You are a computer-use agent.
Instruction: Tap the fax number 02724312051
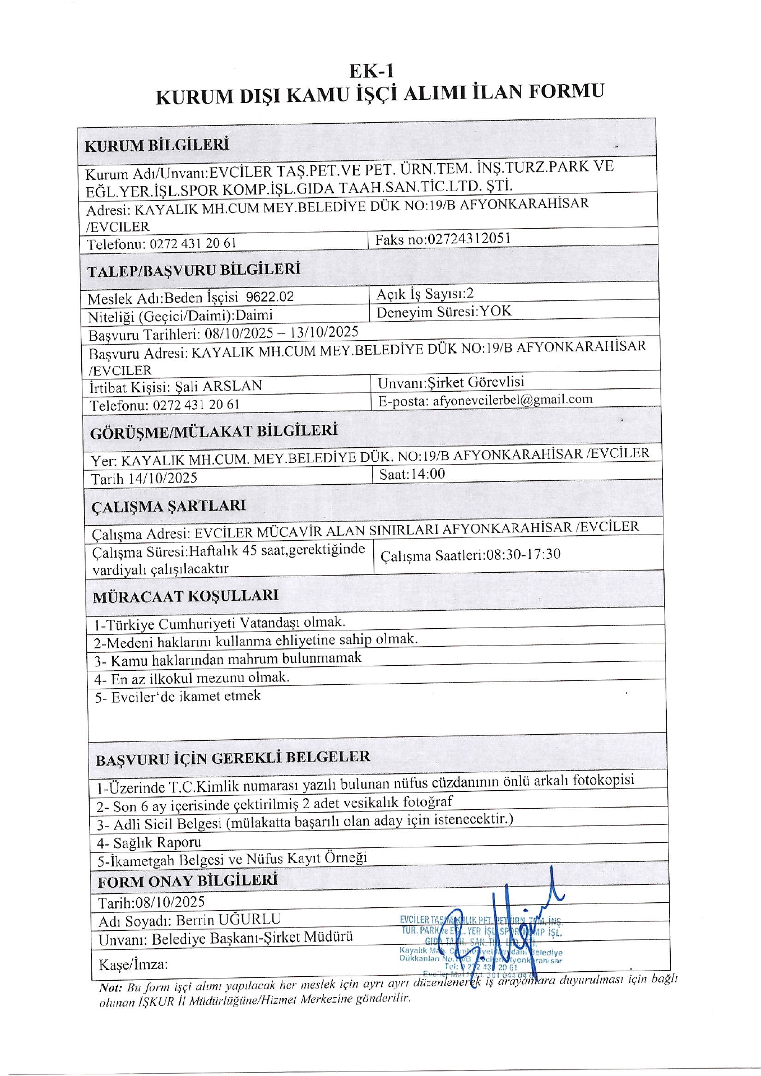coord(469,239)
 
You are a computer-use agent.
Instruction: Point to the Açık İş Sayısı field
coord(425,294)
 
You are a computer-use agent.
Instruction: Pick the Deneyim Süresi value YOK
coord(495,311)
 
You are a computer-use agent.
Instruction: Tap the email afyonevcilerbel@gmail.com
coord(512,400)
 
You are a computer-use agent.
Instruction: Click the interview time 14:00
coord(429,474)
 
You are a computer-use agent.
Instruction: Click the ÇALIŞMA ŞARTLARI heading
coord(169,506)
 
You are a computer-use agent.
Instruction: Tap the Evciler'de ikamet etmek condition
coord(178,697)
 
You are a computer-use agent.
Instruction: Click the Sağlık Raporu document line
coord(149,842)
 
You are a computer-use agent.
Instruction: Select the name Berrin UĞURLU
coord(228,920)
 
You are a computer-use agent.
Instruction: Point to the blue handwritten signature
coord(504,919)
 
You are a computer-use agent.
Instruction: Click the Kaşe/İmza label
coord(133,964)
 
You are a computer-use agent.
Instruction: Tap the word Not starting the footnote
coord(111,987)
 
